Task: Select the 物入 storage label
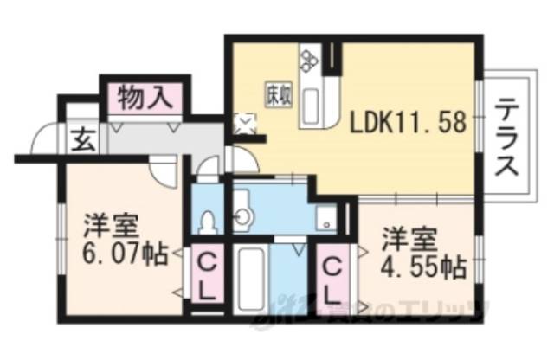142,94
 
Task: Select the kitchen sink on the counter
312,103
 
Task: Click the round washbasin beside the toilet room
242,213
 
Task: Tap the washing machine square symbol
326,219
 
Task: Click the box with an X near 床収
246,124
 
